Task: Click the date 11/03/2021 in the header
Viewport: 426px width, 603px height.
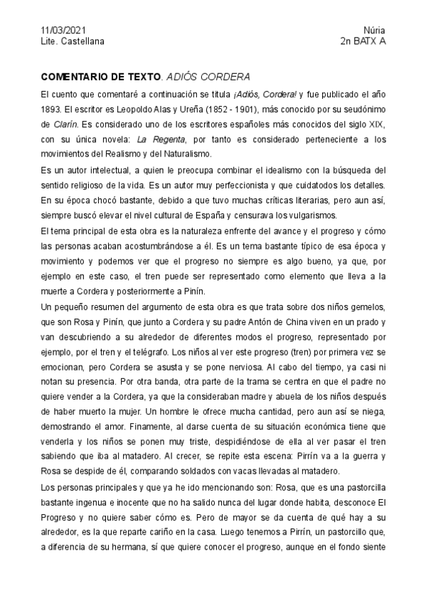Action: (63, 30)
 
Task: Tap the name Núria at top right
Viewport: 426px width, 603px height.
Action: (374, 30)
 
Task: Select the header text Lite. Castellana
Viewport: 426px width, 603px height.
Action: (73, 41)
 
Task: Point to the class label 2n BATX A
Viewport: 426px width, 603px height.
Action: (363, 41)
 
